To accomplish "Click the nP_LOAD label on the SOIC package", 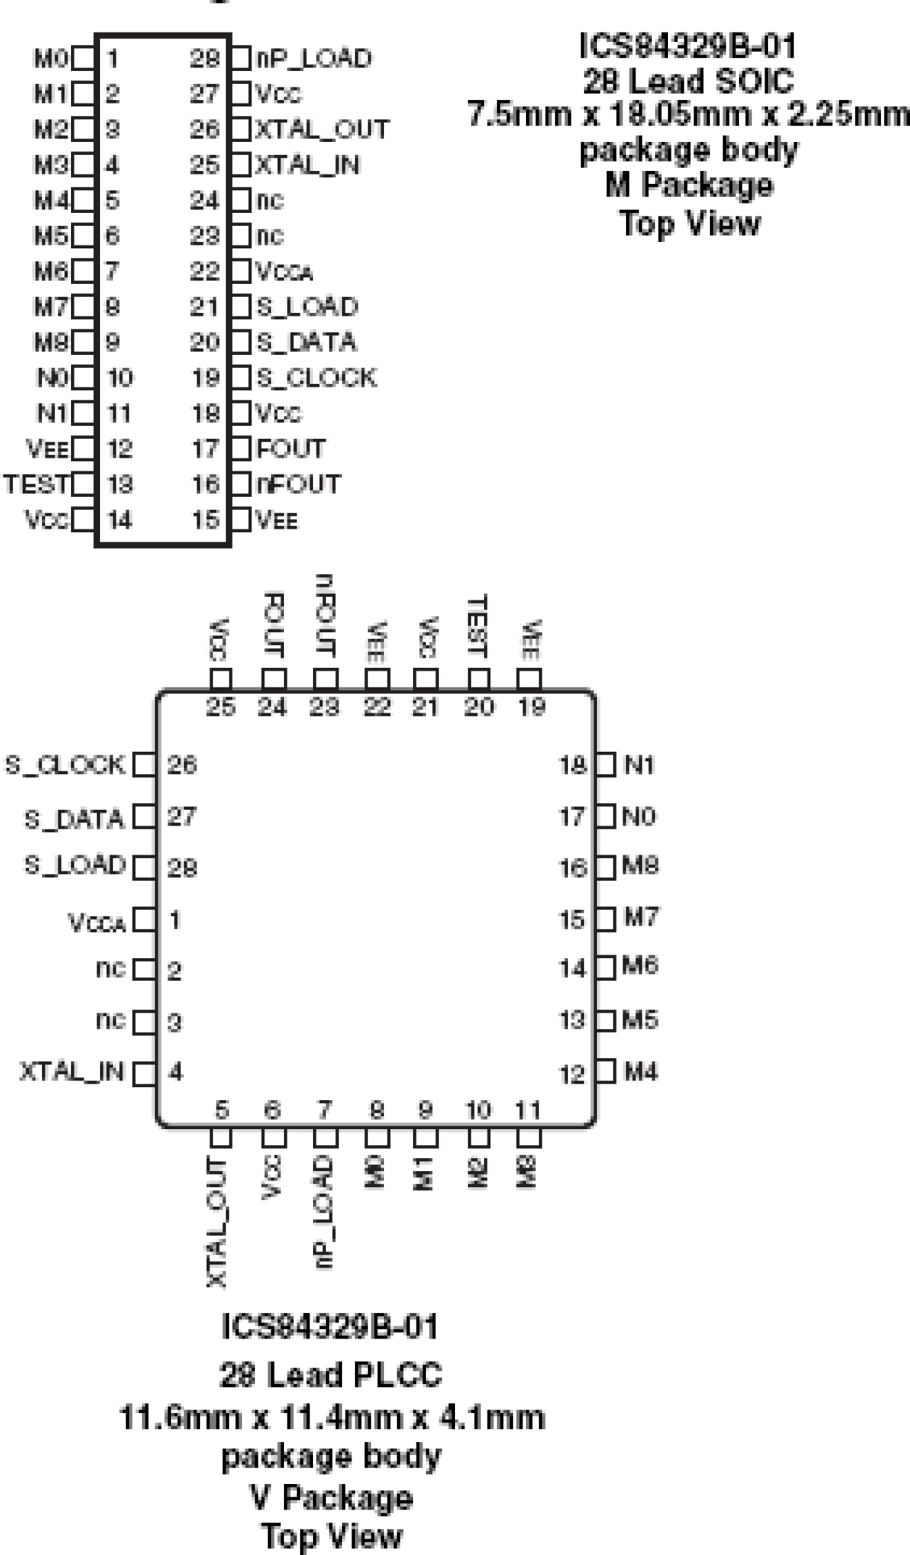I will point(313,59).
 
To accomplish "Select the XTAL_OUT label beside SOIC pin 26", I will point(322,130).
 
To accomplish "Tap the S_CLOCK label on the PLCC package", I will point(65,765).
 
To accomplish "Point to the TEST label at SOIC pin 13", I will point(37,484).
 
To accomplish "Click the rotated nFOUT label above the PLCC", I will point(325,616).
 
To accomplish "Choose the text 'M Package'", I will point(689,185).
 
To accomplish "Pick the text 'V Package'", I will point(331,1497).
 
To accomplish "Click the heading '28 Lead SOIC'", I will point(688,81).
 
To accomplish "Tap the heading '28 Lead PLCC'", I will point(330,1375).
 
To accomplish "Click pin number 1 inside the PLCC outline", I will point(175,920).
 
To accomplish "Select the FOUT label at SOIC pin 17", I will point(291,449).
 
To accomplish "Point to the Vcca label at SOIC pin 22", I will point(285,272).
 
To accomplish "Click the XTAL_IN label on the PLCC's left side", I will point(72,1071).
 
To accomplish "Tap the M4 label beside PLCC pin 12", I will point(640,1071).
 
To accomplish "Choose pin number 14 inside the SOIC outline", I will point(120,520).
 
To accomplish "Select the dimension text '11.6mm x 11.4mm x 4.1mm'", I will point(331,1417).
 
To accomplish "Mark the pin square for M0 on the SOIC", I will point(84,59).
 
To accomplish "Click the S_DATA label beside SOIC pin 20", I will point(306,342).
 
